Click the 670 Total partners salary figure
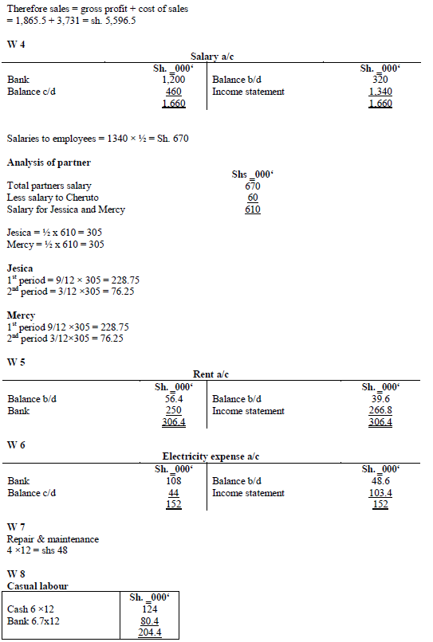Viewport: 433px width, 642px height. [252, 186]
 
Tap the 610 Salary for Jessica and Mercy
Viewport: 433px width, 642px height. [252, 209]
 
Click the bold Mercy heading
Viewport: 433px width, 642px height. [21, 315]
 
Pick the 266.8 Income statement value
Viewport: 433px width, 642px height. [380, 411]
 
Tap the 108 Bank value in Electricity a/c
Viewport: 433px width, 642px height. [173, 481]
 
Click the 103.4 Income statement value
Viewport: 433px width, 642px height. [380, 493]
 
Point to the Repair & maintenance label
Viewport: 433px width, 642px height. [53, 539]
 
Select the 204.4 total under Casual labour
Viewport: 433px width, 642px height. [150, 632]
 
